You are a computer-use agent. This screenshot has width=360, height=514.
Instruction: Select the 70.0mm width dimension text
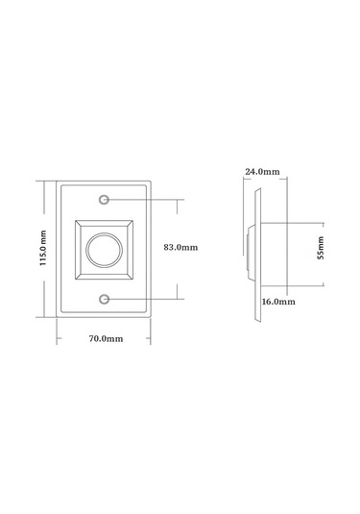tap(105, 339)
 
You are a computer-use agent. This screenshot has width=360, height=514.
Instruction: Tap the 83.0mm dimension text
tap(180, 247)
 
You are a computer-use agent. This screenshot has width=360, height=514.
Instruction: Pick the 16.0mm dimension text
tap(277, 301)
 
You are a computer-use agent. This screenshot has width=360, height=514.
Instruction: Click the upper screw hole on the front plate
tap(104, 200)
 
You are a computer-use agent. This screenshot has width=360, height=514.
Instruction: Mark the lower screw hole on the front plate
tap(104, 299)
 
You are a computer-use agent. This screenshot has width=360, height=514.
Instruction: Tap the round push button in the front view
tap(104, 250)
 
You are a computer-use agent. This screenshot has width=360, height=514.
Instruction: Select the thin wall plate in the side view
tap(256, 250)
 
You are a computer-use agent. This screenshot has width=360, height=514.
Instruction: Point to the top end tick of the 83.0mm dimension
tap(178, 200)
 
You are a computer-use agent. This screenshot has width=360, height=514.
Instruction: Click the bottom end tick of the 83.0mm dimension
tap(178, 299)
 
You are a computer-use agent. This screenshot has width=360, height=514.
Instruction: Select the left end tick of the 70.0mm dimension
tap(56, 330)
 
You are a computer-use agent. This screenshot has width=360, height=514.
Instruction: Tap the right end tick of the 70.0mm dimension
tap(152, 330)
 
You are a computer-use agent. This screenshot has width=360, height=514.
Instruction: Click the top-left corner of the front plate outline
tap(56, 182)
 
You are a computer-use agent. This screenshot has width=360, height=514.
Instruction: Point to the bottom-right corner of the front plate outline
tap(152, 317)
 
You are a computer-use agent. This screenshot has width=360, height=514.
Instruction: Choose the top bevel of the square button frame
tap(104, 223)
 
